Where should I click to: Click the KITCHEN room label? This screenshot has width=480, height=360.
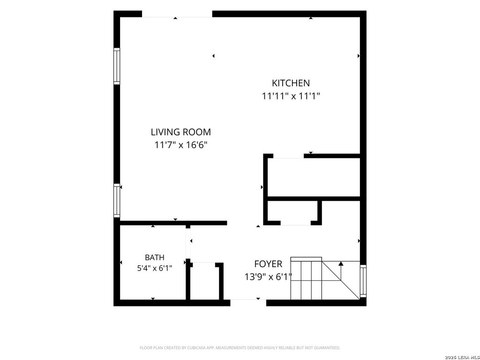point(291,83)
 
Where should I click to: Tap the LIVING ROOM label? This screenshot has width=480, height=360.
point(181,132)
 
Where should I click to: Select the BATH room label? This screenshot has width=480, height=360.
point(155,257)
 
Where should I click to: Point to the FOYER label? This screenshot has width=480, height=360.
point(268,264)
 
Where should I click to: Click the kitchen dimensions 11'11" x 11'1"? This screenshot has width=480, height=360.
point(291,96)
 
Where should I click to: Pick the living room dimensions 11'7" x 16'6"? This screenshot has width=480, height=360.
point(181,145)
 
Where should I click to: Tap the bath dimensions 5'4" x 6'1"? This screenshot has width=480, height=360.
point(155,269)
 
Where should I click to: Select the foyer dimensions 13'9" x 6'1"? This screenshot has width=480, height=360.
point(268,277)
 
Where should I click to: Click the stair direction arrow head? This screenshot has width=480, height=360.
point(341,263)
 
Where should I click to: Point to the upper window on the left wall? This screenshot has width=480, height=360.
point(117,66)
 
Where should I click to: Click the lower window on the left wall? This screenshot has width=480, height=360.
point(117,201)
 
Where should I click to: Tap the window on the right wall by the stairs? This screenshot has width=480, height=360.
point(363,281)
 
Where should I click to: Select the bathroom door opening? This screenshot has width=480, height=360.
point(188,244)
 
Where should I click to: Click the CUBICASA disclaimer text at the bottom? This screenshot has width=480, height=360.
point(240,348)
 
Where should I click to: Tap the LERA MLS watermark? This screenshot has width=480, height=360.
point(462,357)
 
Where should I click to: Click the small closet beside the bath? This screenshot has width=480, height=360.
point(204,281)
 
